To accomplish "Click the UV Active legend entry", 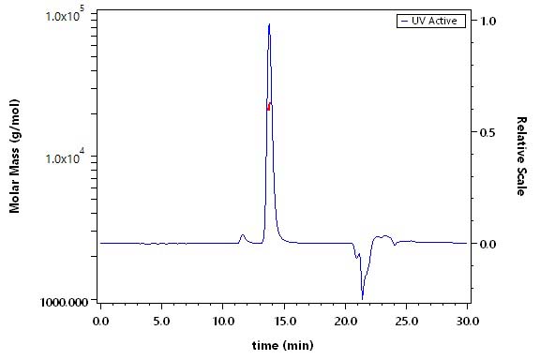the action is pos(431,21).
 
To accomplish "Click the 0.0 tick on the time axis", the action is pos(100,322).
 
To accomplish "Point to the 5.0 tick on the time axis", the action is pos(161,322).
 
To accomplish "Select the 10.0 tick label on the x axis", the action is pos(222,322).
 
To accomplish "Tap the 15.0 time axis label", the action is pos(284,322).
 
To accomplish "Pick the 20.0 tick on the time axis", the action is pos(345,322).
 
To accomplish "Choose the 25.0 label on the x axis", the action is pos(406,322).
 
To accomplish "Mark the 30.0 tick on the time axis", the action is pos(467,322).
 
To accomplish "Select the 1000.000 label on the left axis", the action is pos(64,302).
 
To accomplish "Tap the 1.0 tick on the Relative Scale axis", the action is pos(488,21).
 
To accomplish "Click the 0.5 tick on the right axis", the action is pos(488,132).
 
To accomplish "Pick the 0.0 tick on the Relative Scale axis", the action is pos(488,244).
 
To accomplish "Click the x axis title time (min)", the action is pos(283,345).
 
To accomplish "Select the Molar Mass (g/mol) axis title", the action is pos(14,156).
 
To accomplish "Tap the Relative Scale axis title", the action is pos(521,157).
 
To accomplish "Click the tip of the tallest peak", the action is pos(269,23).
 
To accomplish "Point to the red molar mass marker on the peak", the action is pos(269,106).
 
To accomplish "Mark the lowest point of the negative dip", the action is pos(362,299).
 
